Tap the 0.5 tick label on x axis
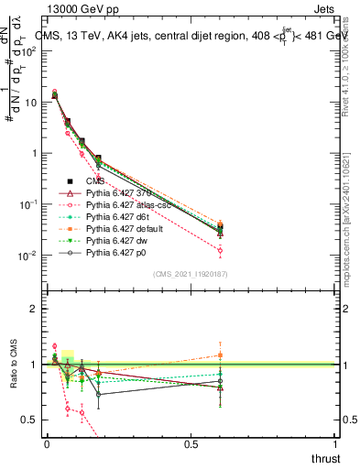(x=191, y=443)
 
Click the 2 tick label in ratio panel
(x=33, y=309)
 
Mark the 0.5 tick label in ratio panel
(x=29, y=420)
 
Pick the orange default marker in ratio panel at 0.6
(x=220, y=354)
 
